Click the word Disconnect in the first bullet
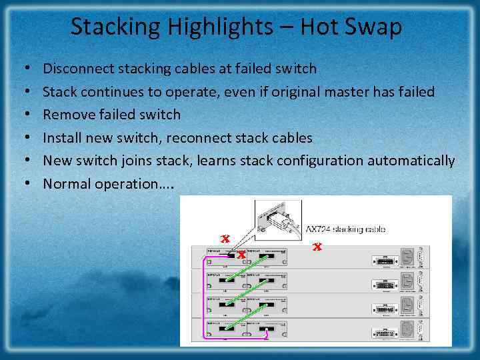pyautogui.click(x=79, y=69)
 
